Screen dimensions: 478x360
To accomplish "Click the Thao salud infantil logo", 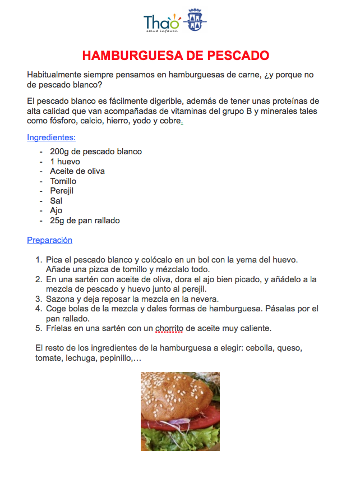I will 162,23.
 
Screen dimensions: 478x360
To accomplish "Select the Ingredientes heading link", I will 51,137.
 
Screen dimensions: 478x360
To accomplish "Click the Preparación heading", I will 49,240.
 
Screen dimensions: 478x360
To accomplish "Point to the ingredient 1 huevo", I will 65,162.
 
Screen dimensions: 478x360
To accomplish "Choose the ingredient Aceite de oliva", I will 77,171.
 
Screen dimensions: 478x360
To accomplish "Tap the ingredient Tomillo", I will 63,181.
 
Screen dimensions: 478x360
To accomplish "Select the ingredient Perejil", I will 62,191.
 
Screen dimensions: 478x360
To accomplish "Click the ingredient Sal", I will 56,201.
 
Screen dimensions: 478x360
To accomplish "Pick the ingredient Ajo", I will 56,210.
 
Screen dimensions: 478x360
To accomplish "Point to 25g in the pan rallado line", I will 58,220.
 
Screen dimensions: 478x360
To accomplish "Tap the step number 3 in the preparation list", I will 39,299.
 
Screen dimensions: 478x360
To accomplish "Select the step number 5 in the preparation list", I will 39,328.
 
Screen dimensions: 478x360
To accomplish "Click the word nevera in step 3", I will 205,299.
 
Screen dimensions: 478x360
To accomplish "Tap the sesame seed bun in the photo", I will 174,393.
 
